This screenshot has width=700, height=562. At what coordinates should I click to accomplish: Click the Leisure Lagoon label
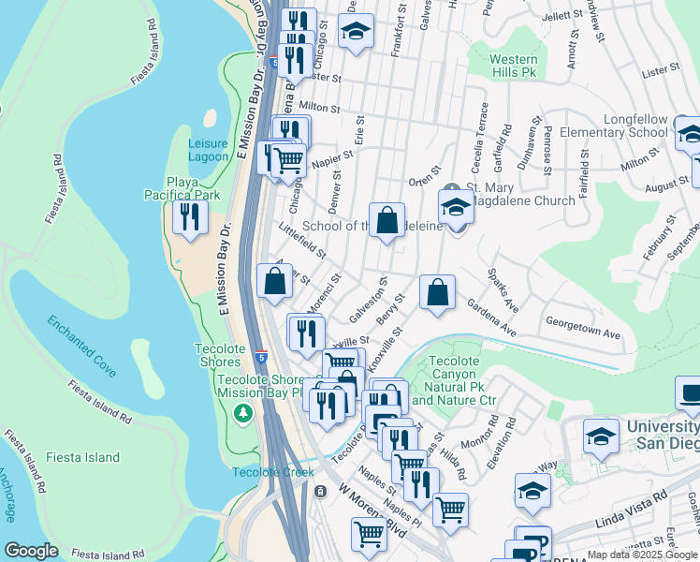click(207, 149)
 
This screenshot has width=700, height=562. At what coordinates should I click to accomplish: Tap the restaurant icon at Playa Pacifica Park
click(191, 218)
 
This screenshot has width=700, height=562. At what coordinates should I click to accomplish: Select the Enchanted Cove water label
click(82, 347)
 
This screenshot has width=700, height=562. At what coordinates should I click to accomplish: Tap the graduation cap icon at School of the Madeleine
click(456, 206)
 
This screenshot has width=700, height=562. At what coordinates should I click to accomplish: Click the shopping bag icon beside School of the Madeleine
click(386, 221)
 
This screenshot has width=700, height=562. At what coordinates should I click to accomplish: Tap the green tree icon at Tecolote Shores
click(244, 412)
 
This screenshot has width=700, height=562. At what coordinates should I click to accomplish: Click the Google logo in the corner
click(31, 551)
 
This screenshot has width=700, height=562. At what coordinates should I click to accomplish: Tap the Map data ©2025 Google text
click(642, 555)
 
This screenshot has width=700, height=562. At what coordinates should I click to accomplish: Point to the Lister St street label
click(660, 70)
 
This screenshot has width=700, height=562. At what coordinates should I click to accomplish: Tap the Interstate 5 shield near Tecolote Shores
click(261, 358)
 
